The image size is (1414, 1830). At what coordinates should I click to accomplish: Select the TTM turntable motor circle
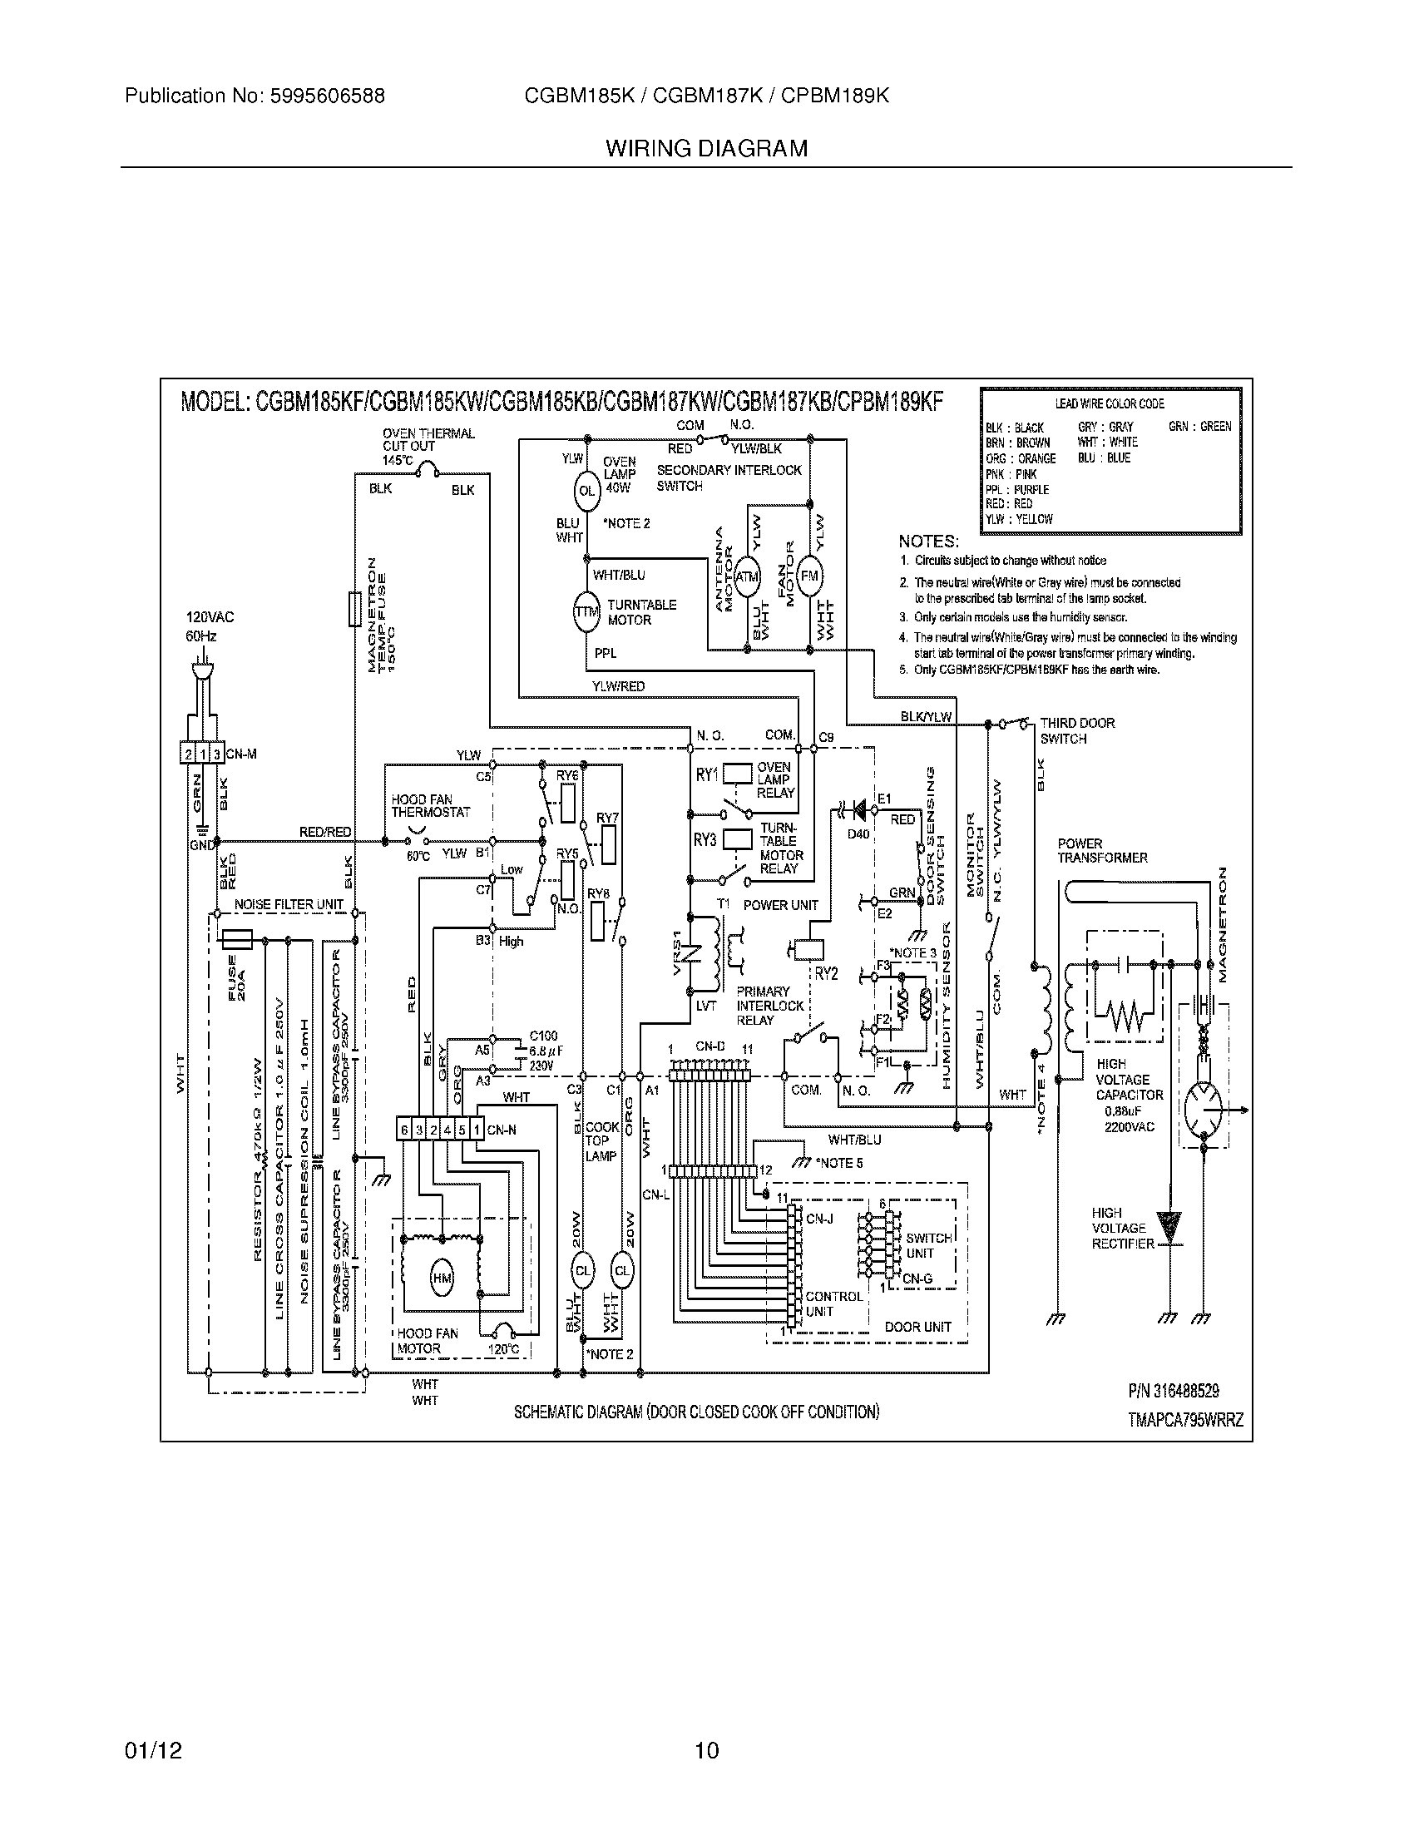click(x=586, y=612)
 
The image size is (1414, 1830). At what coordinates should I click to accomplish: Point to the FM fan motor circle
click(x=809, y=576)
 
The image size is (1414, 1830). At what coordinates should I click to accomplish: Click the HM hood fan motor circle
click(x=442, y=1278)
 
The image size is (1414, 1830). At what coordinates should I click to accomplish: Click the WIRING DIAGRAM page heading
click(x=706, y=149)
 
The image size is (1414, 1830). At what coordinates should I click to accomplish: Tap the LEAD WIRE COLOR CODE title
click(x=1109, y=404)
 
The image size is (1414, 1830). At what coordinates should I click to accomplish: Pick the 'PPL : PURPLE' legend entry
click(x=1017, y=489)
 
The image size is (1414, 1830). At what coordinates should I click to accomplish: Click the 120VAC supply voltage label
click(x=210, y=617)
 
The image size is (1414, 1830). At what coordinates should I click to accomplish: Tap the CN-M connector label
click(x=241, y=754)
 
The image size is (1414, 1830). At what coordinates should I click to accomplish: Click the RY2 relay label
click(x=826, y=974)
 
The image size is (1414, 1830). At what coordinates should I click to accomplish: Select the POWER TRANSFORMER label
click(x=1101, y=850)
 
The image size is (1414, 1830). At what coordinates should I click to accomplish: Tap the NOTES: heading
click(x=928, y=542)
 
